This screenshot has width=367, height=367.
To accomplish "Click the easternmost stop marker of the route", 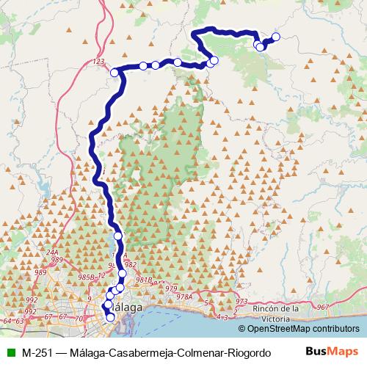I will coord(276,37).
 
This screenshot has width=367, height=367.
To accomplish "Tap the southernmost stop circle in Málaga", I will coord(111,318).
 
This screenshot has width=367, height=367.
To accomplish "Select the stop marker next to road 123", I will coord(115,72).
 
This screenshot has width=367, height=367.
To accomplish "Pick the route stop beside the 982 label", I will coord(122,274).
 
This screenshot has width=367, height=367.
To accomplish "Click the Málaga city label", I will coord(126,308).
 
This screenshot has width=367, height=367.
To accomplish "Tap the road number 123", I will coord(101,62).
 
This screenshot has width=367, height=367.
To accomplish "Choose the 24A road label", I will coord(52,252).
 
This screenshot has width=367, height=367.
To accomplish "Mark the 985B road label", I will coord(86,277).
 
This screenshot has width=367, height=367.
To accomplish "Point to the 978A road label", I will coord(183,297).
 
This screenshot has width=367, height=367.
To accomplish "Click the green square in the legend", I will coord(9,352).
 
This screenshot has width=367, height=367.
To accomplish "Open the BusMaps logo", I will coord(335,352).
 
